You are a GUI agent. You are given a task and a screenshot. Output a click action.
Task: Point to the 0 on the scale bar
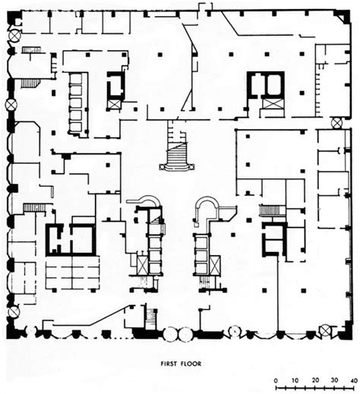pos(275,378)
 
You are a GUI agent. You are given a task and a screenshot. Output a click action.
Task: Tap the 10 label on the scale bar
pos(294,378)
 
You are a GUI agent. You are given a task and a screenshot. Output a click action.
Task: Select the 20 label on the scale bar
pos(314,378)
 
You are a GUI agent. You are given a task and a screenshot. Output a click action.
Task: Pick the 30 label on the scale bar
pos(333,378)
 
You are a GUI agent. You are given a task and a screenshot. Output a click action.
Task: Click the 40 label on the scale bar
pos(352,378)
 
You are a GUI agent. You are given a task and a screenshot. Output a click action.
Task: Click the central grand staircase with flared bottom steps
pos(176,150)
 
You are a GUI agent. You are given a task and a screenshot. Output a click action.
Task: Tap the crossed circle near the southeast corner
pos(325,330)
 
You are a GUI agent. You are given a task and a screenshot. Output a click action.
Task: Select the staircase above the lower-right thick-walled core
pos(270,210)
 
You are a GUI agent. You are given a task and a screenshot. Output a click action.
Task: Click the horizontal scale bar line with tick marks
pos(313,388)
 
